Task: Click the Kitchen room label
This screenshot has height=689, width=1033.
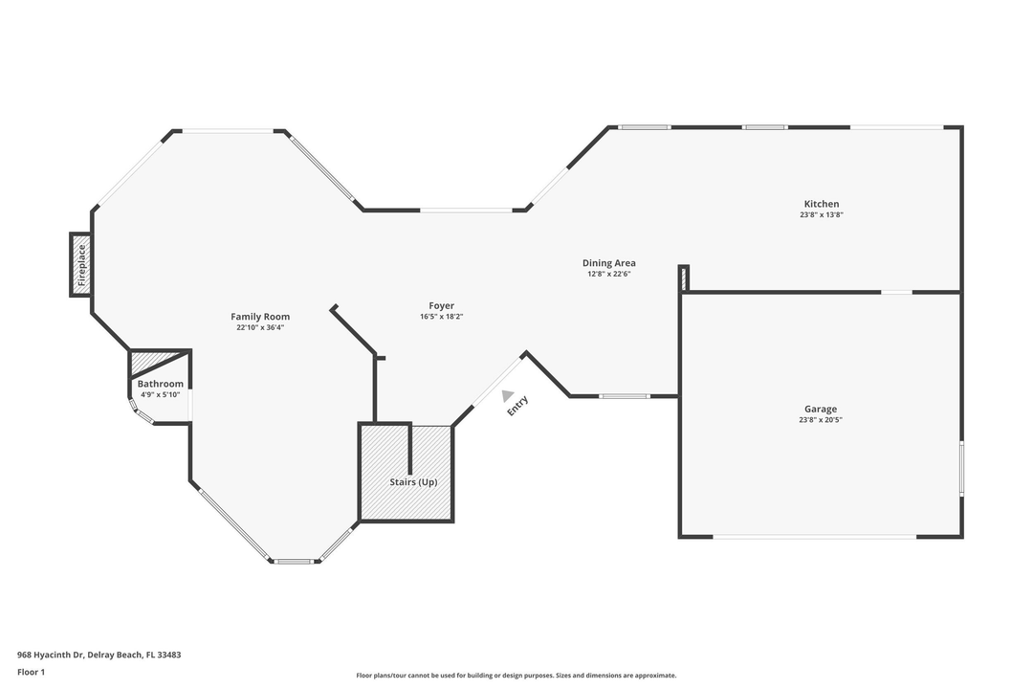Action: coord(821,204)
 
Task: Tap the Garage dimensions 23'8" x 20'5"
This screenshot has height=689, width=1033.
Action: coord(821,420)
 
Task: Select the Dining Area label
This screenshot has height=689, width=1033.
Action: coord(609,263)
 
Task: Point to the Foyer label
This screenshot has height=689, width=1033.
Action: coord(441,306)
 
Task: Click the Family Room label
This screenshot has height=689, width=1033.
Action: coord(260,317)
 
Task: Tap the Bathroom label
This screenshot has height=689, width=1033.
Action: coord(160,384)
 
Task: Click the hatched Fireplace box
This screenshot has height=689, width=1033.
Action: coord(81,265)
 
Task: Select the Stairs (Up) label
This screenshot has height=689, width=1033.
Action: coord(413,482)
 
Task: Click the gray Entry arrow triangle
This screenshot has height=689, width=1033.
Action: coord(507,395)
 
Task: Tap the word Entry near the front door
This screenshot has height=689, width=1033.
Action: coord(517,406)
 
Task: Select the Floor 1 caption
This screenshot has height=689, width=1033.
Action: coord(31,672)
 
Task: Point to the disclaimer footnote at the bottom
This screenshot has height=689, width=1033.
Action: coord(516,676)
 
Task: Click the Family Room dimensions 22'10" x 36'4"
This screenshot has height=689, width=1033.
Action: coord(260,327)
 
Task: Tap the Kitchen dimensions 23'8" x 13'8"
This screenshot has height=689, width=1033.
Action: coord(821,215)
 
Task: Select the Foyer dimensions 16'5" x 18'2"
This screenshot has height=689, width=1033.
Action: coord(441,317)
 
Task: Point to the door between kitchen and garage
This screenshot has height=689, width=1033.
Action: coord(896,292)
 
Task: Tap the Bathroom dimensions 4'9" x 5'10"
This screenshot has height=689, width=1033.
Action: coord(160,394)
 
